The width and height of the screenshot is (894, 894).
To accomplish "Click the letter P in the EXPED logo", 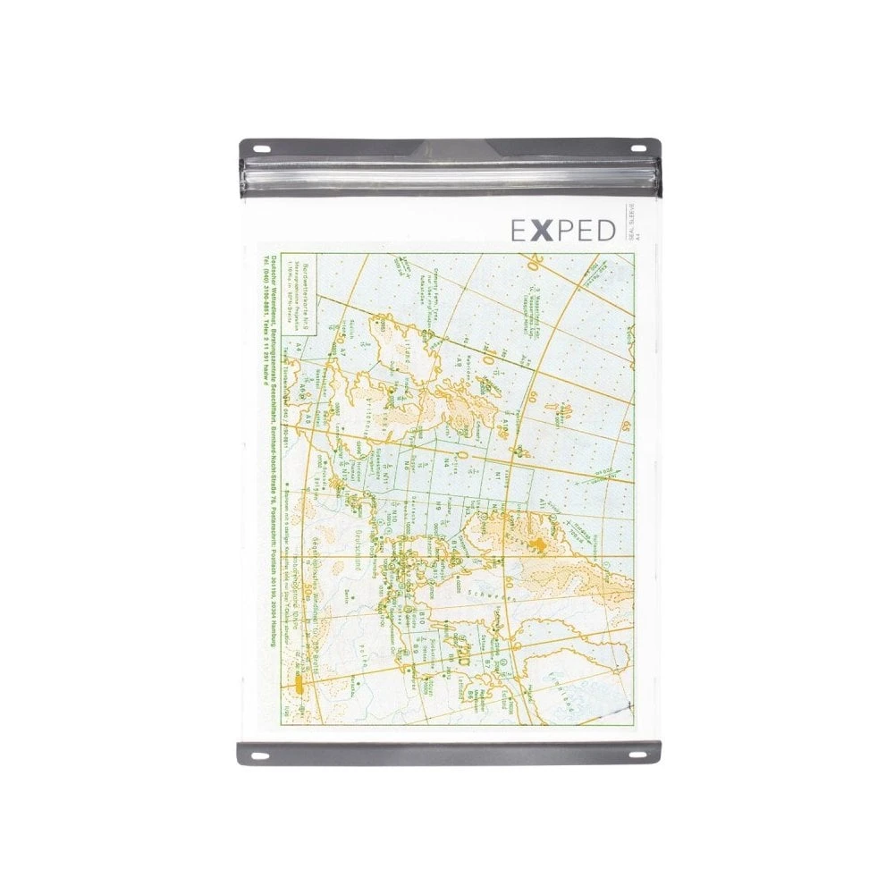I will (x=566, y=230).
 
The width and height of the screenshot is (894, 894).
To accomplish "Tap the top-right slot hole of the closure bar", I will (x=640, y=148).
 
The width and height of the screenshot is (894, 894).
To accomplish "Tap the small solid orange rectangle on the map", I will (x=297, y=689).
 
